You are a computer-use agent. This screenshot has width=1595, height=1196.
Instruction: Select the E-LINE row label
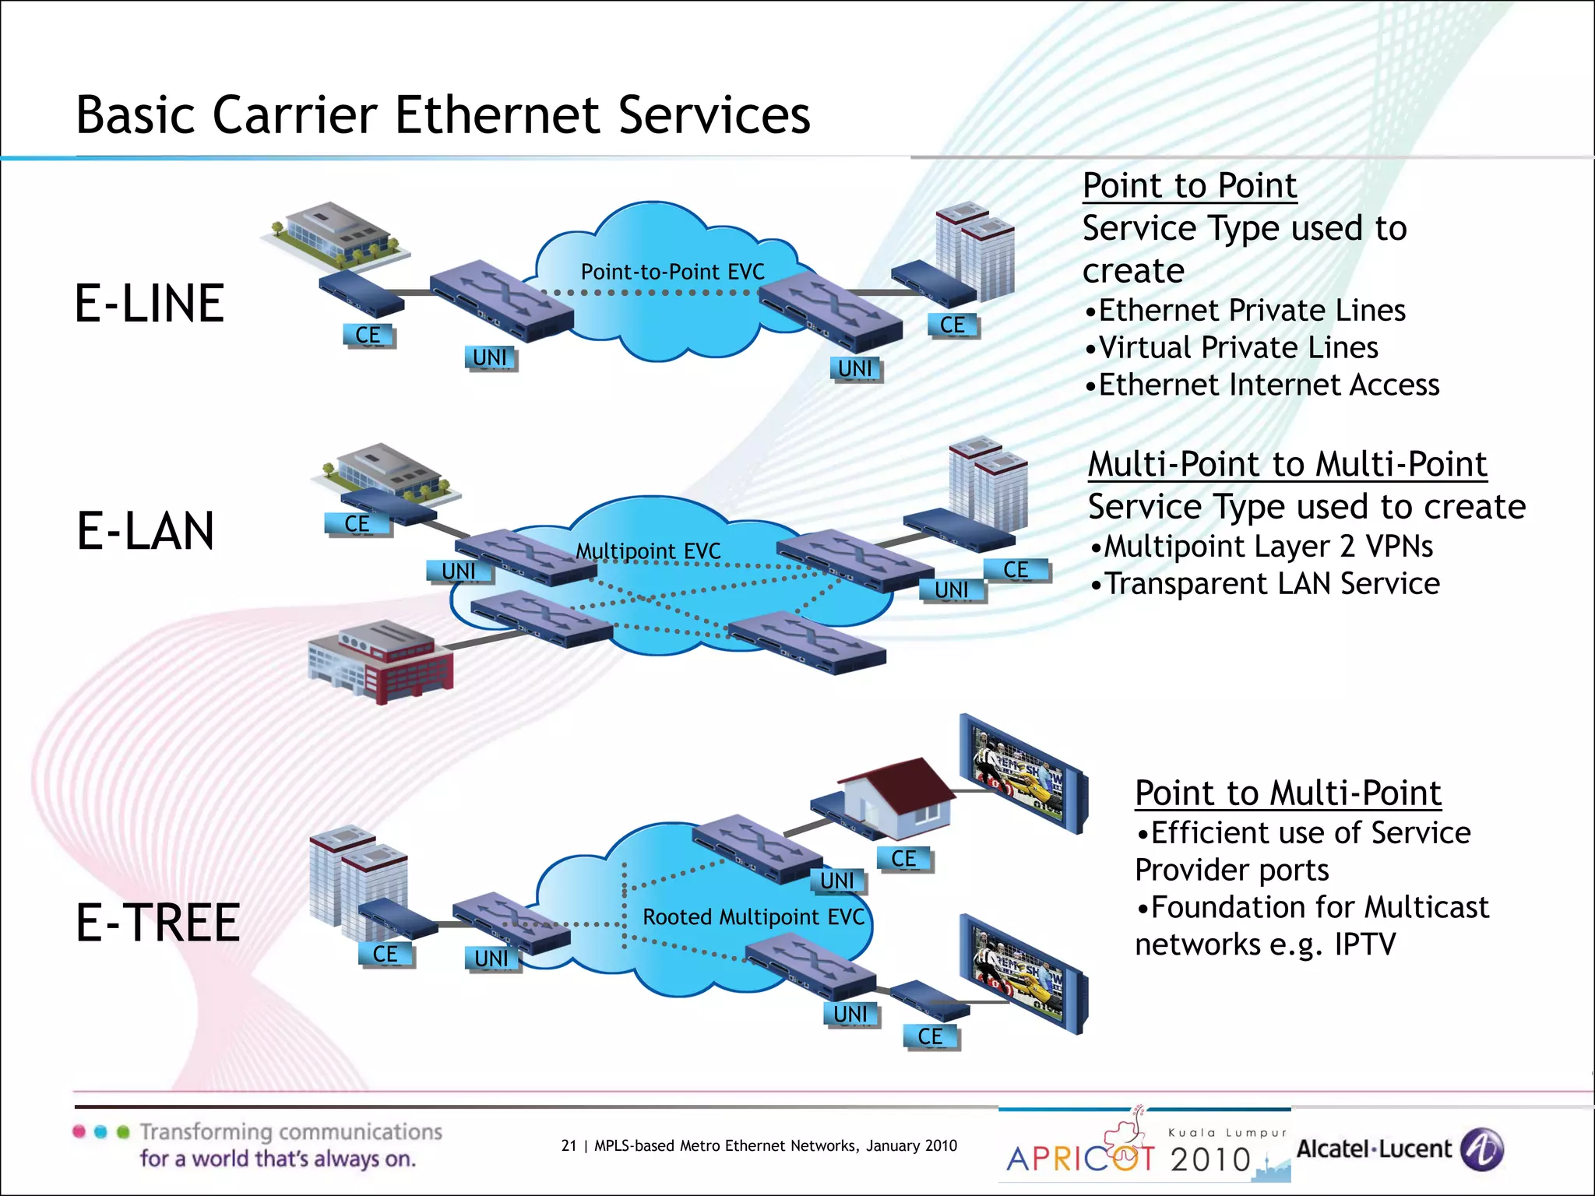150,304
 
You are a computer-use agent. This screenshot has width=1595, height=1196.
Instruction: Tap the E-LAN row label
146,531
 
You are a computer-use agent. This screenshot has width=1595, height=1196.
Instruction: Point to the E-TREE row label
158,923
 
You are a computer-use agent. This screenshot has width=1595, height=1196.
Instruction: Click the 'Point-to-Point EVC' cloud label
672,272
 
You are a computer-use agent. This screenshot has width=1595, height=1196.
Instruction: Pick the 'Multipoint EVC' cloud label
648,551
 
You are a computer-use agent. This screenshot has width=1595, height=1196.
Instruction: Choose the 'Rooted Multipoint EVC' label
753,916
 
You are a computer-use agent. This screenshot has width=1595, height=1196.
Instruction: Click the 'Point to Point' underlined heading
1189,186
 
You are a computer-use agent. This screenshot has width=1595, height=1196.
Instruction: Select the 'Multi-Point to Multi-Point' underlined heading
1287,464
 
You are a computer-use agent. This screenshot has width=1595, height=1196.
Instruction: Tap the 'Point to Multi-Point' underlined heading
1287,793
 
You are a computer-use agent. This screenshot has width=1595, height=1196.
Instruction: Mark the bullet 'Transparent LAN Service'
1272,583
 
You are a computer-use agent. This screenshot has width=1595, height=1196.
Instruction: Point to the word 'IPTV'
1364,944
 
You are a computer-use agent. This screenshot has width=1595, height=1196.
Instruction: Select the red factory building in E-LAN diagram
382,662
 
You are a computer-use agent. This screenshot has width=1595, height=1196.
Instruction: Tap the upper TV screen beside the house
1020,774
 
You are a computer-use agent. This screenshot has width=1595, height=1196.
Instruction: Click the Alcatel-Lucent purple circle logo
1481,1149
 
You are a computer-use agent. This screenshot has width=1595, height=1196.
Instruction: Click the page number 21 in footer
569,1145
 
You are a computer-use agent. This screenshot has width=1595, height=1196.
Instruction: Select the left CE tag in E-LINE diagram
368,336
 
